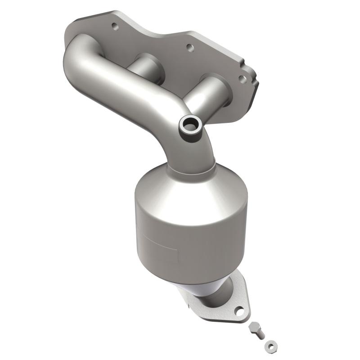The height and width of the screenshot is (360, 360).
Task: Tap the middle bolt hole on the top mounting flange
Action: point(189,47)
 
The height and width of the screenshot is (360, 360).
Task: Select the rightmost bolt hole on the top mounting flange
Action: point(242,79)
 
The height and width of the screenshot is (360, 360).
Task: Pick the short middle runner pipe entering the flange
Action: point(146,67)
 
